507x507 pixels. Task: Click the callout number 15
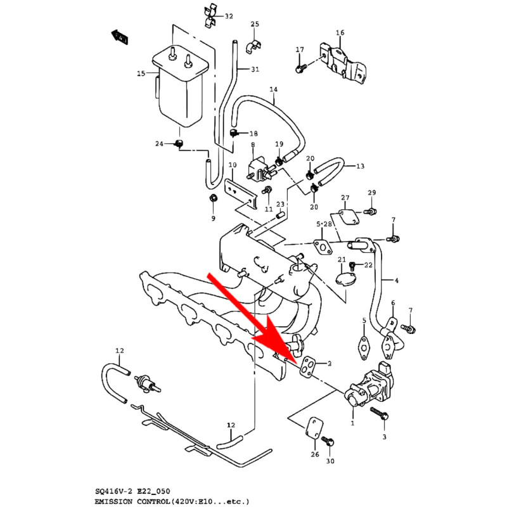141,74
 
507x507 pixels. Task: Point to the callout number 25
255,25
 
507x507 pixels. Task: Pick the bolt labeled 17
300,65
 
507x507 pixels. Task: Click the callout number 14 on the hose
273,89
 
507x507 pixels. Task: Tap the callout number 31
255,69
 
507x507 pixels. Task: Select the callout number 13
360,166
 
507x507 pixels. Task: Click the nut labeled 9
213,200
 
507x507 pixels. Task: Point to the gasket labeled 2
309,366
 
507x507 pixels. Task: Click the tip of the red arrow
292,359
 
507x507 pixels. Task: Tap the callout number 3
384,437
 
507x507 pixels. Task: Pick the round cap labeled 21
345,279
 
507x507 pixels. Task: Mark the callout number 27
345,198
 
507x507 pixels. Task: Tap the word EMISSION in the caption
117,501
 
